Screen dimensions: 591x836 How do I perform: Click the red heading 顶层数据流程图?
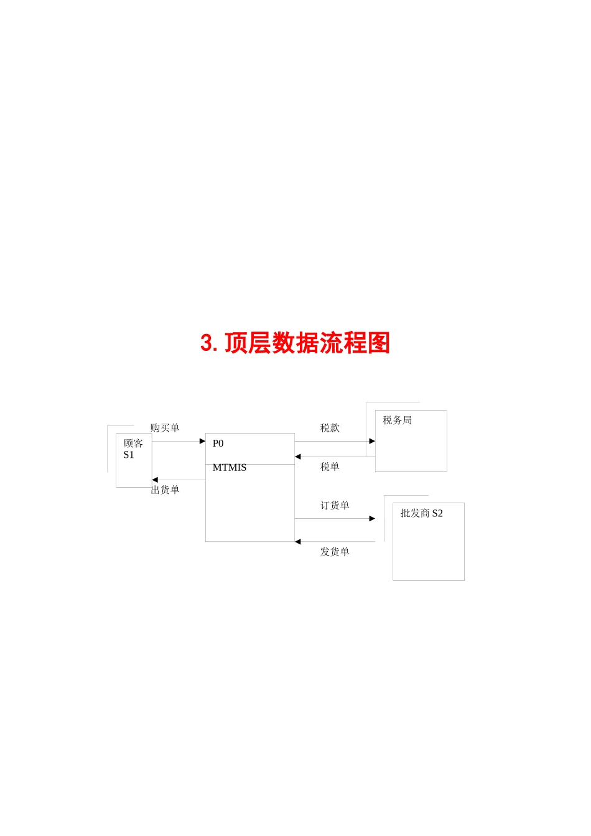point(307,343)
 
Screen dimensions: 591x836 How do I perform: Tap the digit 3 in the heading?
point(207,343)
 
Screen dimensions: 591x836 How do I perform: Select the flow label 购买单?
point(165,428)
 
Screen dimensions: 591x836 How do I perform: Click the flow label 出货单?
point(165,490)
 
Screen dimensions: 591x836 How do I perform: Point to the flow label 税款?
point(330,428)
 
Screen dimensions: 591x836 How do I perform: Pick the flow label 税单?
point(330,467)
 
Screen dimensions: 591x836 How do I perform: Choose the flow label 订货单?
point(335,505)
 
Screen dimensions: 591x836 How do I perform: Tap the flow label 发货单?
point(335,552)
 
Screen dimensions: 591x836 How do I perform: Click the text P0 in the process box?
point(218,444)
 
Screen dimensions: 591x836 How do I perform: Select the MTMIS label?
point(230,468)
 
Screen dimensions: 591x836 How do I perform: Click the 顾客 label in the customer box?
point(133,444)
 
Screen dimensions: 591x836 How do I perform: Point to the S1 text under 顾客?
point(129,455)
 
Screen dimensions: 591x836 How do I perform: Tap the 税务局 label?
point(397,420)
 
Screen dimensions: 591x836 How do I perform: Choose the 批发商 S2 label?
point(421,513)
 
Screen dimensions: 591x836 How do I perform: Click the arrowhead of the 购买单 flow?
point(202,441)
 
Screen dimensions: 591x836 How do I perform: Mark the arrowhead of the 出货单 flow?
point(155,480)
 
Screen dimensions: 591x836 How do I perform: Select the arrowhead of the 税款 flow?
point(372,441)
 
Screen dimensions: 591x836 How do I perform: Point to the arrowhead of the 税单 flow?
point(298,457)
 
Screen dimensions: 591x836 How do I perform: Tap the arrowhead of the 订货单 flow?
point(372,518)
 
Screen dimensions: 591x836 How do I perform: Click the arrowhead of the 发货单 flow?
point(298,542)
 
